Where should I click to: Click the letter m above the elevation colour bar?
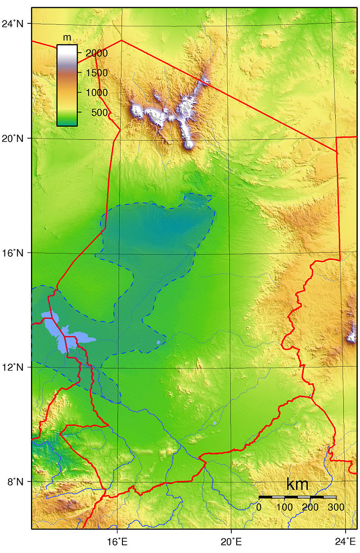coord(67,37)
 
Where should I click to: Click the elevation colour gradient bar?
coord(67,85)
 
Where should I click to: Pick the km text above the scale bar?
coord(297,485)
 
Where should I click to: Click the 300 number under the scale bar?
coord(335,508)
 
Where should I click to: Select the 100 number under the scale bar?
coord(284,508)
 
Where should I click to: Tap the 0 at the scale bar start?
coord(259,508)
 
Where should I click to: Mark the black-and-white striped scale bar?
coord(297,497)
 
